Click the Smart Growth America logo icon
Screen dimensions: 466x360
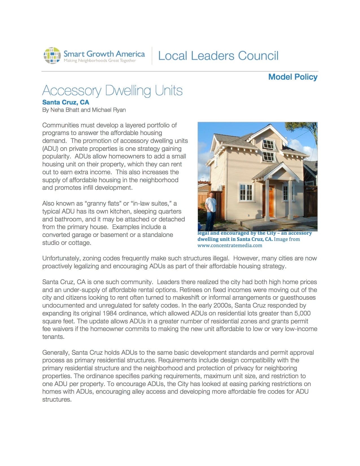(52, 55)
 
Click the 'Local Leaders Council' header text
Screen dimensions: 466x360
(218, 56)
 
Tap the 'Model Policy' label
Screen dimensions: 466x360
(293, 77)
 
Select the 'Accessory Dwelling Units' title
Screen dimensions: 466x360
(112, 91)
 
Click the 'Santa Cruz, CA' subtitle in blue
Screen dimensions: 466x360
(66, 102)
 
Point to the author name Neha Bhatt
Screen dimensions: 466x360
(65, 110)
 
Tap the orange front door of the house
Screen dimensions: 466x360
(271, 199)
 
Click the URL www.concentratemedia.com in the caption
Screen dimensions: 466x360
(230, 245)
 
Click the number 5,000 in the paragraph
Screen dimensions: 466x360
(302, 313)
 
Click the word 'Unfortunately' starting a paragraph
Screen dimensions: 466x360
(61, 258)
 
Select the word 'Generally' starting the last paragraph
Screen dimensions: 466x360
(56, 352)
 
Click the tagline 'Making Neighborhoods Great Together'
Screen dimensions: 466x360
(100, 61)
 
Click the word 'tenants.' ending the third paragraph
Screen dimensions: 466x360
(53, 337)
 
